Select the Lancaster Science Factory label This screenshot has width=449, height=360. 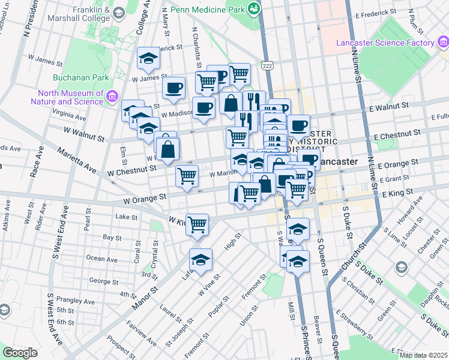point(385,43)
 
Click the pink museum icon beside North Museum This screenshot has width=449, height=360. point(112,97)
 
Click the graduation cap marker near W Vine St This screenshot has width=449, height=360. point(201,259)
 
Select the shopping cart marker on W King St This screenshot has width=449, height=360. point(197,224)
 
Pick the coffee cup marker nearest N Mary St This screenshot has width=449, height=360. point(174,88)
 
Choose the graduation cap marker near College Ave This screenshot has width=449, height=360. point(148,58)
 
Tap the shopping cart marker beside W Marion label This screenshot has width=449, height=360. point(187,176)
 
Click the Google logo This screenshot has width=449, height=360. point(20,353)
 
